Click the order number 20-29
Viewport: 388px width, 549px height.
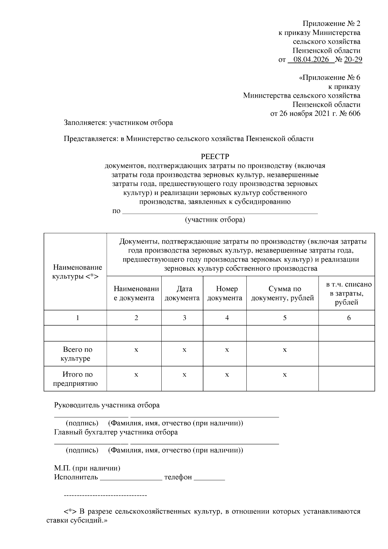(x=353, y=59)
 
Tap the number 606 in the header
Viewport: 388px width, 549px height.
(x=354, y=113)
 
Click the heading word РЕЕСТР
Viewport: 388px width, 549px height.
(x=215, y=156)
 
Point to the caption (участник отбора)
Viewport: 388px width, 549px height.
(x=215, y=220)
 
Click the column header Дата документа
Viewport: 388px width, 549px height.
(x=182, y=293)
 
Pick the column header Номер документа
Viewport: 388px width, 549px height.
(x=225, y=293)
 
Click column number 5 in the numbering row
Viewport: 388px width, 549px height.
(x=285, y=318)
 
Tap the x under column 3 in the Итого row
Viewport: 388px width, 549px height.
(x=184, y=375)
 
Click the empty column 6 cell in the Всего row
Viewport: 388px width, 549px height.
(x=347, y=354)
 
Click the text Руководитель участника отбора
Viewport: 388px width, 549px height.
(x=107, y=405)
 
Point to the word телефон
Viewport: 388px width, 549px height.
(x=178, y=477)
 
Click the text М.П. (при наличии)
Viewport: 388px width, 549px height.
(x=87, y=468)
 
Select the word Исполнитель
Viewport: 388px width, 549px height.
(x=76, y=477)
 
